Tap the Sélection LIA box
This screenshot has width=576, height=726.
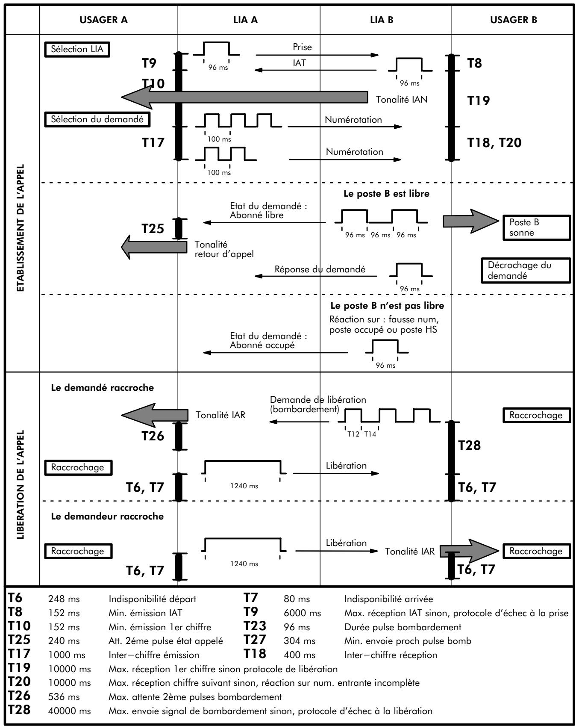coord(76,49)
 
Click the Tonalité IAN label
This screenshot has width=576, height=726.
coord(401,99)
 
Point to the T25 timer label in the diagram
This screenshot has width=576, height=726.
coord(153,229)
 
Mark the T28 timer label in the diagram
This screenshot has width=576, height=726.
coord(470,446)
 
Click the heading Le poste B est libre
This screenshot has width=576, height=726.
coord(386,193)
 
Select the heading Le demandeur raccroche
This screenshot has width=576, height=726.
coord(107,516)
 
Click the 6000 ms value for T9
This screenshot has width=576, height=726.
coord(302,613)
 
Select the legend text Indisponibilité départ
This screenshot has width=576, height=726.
coord(153,599)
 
